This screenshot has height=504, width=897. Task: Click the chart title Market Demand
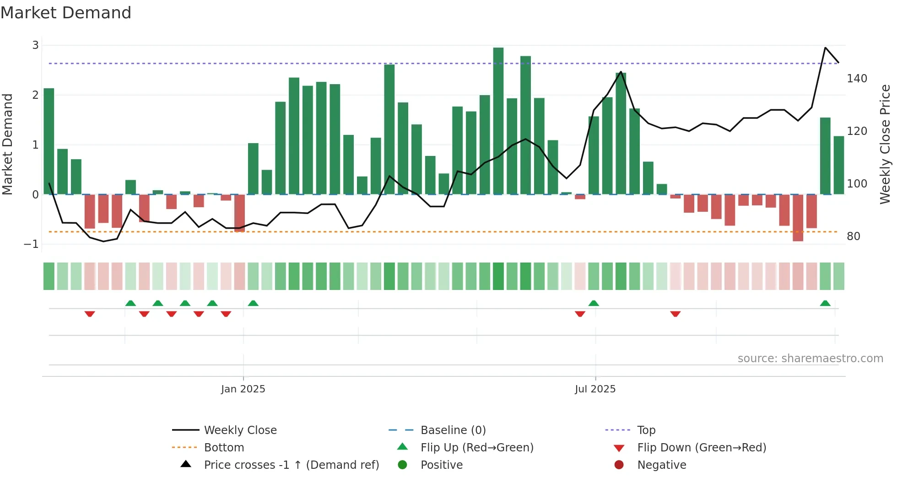coord(66,13)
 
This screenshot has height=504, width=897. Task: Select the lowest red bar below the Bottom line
coord(798,218)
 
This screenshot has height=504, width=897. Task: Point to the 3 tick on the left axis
coord(35,45)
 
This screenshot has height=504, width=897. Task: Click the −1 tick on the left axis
coord(32,244)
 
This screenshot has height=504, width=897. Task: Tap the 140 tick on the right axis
coord(857,79)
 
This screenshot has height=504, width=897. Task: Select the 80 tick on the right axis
coord(853,236)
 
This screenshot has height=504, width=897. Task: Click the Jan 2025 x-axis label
coord(243,389)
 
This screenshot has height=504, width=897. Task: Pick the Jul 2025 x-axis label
coord(595,389)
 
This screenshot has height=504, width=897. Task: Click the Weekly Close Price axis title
coord(885,144)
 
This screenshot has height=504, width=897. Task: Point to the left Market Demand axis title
coord(7,144)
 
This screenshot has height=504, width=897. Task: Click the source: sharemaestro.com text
coord(810,359)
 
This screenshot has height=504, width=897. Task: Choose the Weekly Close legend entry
coord(240,430)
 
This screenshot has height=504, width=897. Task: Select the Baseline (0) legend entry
coord(453,430)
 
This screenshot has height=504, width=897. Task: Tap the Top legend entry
coord(646,430)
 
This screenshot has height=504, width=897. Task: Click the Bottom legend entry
coord(223,448)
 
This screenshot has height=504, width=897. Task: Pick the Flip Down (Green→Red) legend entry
coord(701,448)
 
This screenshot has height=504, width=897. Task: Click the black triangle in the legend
coord(186,464)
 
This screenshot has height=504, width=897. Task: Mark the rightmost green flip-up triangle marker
coord(825,303)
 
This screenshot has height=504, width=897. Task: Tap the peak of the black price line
coord(825,48)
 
